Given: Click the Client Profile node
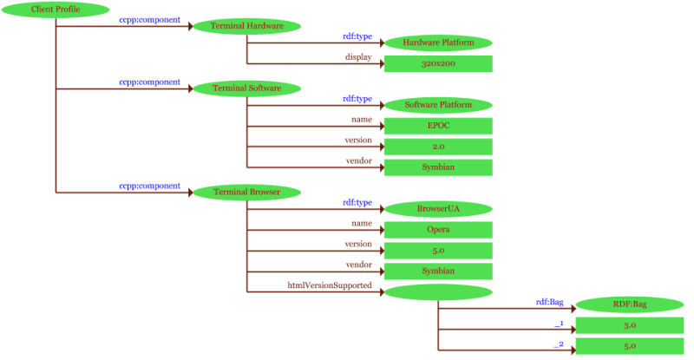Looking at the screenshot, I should click(56, 9).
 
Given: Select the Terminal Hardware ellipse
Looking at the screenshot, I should click(247, 26).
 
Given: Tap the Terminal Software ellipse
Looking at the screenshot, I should click(247, 88).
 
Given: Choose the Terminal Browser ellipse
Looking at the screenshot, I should click(247, 192).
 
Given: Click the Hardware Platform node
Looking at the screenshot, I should click(438, 43).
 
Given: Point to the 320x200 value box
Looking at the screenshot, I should click(438, 64).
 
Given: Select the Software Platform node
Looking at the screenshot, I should click(438, 106).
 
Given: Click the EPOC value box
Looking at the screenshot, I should click(438, 126).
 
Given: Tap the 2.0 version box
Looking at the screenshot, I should click(438, 147).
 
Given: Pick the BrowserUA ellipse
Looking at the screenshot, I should click(438, 209).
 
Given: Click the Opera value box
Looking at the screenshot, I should click(438, 230).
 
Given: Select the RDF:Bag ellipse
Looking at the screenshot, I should click(630, 304).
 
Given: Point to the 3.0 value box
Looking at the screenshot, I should click(630, 325).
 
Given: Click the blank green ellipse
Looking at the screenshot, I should click(438, 292).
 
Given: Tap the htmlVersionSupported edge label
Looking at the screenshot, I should click(330, 285).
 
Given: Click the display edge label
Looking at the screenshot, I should click(358, 57).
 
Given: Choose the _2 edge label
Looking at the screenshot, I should click(560, 344).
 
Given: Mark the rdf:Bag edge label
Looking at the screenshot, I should click(550, 302).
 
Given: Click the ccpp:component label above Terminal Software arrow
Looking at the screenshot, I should click(149, 82).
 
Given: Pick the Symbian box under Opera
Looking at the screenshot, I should click(438, 272).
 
